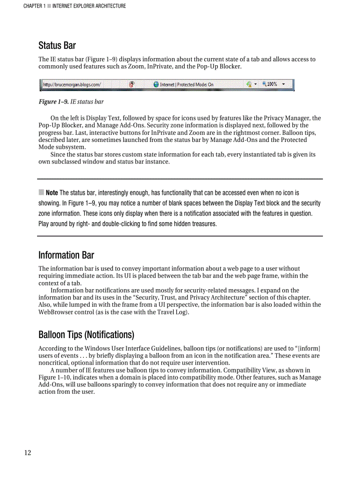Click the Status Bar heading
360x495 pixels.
pyautogui.click(x=57, y=45)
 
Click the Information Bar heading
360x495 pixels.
pyautogui.click(x=66, y=255)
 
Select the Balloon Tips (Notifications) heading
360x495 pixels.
pyautogui.click(x=86, y=335)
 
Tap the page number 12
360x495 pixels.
pyautogui.click(x=28, y=453)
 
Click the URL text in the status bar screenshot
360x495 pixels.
pyautogui.click(x=72, y=84)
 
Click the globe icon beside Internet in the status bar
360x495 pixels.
pyautogui.click(x=156, y=84)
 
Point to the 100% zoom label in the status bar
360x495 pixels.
pyautogui.click(x=272, y=84)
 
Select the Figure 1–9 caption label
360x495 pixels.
pyautogui.click(x=54, y=102)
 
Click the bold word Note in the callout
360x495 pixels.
pyautogui.click(x=52, y=193)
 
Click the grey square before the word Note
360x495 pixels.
pyautogui.click(x=41, y=192)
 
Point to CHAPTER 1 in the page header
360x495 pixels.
pyautogui.click(x=34, y=6)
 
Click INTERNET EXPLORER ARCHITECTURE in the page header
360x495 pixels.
pyautogui.click(x=89, y=6)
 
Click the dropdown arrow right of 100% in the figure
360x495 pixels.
pyautogui.click(x=283, y=84)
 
